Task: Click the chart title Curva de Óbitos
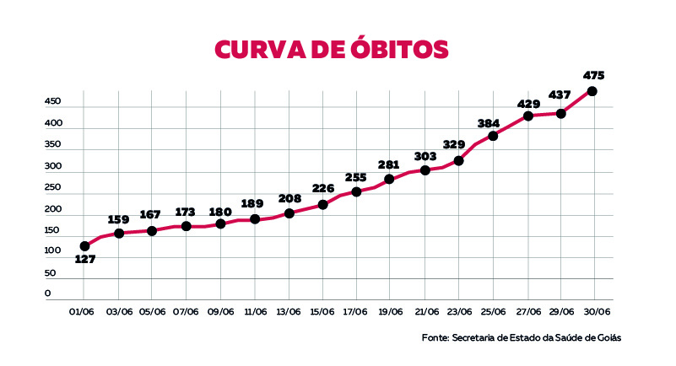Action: coord(332,49)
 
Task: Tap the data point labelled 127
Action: coord(84,246)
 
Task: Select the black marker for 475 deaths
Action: coord(592,91)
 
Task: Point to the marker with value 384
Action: coord(493,136)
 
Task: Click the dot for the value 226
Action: coord(322,205)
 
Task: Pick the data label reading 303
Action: coord(425,156)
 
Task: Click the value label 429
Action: coord(530,104)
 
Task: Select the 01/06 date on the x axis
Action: coord(82,312)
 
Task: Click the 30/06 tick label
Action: coord(597,312)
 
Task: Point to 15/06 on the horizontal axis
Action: coord(322,312)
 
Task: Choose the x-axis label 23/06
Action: coord(458,312)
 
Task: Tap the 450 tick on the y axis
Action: coord(53,101)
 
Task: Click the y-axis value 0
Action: coord(47,293)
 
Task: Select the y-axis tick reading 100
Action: coord(53,251)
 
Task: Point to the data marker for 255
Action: coord(356,192)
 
